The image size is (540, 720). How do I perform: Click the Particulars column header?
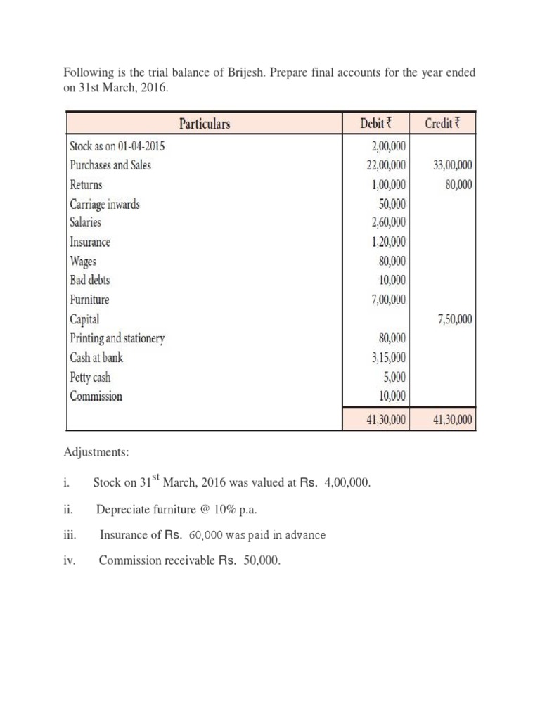click(x=205, y=124)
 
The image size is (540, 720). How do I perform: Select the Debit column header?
click(x=374, y=124)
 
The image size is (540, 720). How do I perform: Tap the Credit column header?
click(x=441, y=124)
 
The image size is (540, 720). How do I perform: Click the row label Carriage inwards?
click(x=104, y=205)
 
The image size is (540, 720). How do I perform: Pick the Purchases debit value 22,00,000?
click(x=382, y=166)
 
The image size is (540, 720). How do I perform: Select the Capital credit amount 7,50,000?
click(x=454, y=319)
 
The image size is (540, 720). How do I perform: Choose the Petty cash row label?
click(x=90, y=377)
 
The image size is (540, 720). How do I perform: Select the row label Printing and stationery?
click(x=117, y=338)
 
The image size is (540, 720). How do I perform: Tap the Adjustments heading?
click(x=96, y=453)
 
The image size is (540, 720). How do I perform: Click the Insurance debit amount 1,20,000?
click(x=386, y=243)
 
